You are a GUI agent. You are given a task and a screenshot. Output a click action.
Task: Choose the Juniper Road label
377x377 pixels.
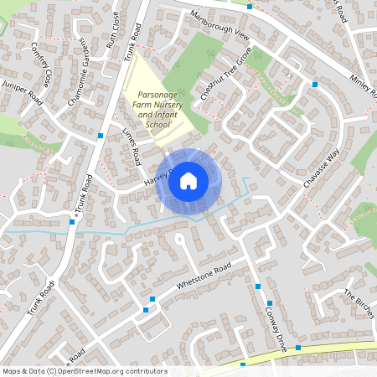click(x=23, y=93)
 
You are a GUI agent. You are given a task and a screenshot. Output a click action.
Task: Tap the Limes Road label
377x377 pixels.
click(x=132, y=146)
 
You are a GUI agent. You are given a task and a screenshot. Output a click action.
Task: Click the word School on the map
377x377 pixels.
click(x=158, y=124)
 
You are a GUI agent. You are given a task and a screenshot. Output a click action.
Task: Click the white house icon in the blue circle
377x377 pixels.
click(x=188, y=180)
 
